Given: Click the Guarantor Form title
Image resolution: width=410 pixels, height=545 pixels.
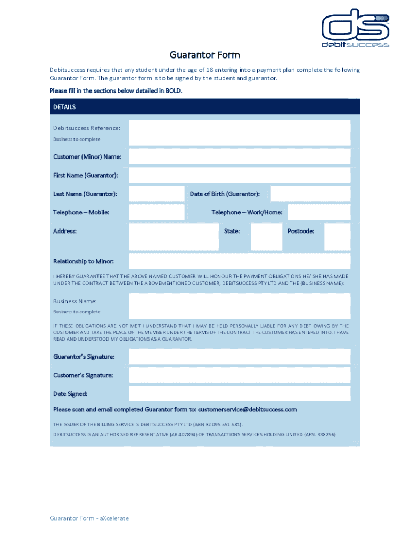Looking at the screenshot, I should point(204,55).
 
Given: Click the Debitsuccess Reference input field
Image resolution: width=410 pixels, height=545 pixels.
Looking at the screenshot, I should point(240,133).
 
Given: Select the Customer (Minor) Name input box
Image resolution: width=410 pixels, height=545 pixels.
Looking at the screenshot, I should point(240,156).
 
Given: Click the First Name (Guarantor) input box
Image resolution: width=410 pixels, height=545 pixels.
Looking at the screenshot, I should point(240,175).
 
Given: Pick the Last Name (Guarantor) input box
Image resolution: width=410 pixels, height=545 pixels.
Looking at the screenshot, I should point(157,194).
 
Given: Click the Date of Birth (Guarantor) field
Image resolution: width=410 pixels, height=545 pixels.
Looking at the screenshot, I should point(310,194).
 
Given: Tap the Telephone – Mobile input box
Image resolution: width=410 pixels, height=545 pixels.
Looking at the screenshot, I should point(157,212).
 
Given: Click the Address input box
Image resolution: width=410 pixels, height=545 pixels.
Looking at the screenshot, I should point(174,236).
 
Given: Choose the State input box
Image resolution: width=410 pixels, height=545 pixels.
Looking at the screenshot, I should point(266,236).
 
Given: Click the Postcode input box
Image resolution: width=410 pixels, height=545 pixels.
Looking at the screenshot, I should point(337,236).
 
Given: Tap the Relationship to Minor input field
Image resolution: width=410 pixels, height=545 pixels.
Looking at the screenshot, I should point(240,261).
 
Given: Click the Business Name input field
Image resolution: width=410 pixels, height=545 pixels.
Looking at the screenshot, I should point(240,305).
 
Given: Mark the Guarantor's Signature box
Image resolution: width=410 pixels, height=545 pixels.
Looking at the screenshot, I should point(240,357).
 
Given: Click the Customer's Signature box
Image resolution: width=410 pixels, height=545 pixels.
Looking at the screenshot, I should point(240,375).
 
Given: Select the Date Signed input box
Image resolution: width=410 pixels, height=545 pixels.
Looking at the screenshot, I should point(240,394).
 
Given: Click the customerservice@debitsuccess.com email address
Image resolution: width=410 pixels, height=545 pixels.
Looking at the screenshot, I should point(247,410).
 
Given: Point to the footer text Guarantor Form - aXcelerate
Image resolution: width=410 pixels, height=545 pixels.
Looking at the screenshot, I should point(89,518).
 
